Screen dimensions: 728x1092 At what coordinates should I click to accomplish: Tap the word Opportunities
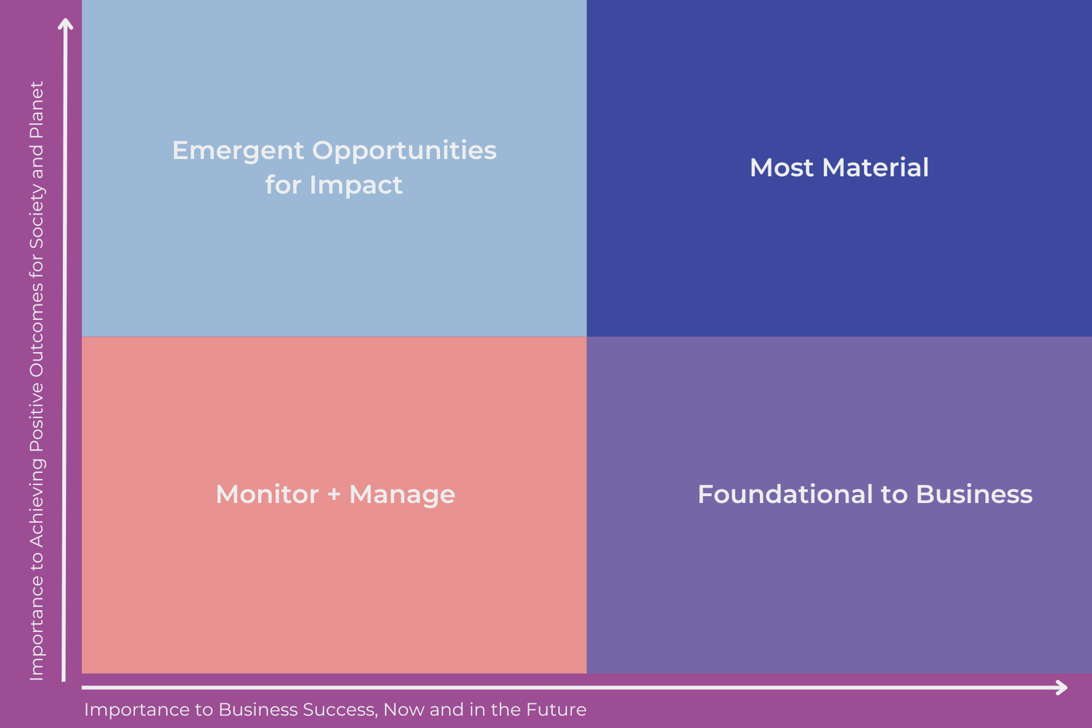404,151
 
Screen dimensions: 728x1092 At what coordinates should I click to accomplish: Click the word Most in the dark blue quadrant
781,168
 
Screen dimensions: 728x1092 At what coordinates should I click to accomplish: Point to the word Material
875,168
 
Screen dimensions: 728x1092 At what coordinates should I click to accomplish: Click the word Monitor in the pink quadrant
267,494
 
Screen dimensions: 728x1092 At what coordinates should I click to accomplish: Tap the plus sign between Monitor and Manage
334,494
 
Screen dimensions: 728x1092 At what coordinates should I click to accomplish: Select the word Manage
402,494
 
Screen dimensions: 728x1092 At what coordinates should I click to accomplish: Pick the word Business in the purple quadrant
974,494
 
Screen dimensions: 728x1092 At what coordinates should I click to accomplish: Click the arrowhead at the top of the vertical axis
65,24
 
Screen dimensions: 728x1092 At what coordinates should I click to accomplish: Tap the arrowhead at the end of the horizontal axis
1061,687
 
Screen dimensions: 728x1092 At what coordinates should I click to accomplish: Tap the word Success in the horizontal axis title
346,710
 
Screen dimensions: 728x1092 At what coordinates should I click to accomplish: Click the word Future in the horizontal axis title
559,710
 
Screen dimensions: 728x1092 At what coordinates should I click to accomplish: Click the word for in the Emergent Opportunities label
283,185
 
